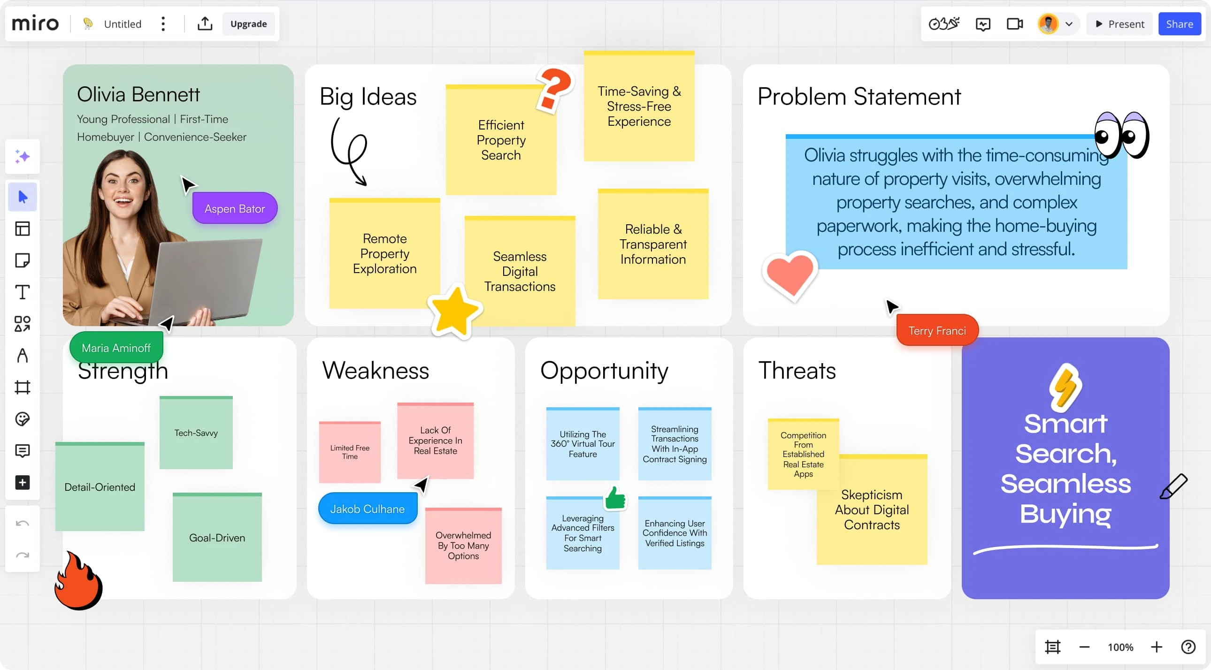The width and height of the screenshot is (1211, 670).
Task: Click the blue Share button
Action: coord(1179,24)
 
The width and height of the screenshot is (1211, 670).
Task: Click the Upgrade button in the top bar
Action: coord(248,24)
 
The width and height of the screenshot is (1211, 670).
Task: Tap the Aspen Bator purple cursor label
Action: coord(235,208)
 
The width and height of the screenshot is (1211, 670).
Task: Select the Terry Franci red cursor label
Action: coord(937,330)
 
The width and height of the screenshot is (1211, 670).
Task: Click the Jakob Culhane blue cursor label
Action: coord(367,509)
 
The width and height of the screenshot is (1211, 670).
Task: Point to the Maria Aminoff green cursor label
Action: coord(116,348)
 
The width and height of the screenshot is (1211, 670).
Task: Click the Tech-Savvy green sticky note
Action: coord(196,432)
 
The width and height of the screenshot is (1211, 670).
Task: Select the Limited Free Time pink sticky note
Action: coord(350,452)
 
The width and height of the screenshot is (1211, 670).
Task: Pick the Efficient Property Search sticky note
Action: coord(501,140)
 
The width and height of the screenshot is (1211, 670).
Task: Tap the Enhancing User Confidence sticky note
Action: coord(674,533)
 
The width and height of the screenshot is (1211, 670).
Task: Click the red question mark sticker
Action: coord(555,89)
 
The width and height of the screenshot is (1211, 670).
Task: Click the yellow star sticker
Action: coord(454,312)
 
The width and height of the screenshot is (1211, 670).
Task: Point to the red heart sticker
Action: coord(790,275)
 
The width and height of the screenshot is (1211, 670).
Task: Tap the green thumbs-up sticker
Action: coord(615,497)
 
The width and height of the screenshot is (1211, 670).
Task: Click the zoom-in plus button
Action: coord(1157,647)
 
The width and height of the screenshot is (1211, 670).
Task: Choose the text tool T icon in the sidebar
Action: coord(22,292)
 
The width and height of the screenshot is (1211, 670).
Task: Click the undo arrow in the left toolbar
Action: coord(22,524)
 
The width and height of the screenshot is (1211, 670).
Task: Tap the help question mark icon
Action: coord(1188,647)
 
